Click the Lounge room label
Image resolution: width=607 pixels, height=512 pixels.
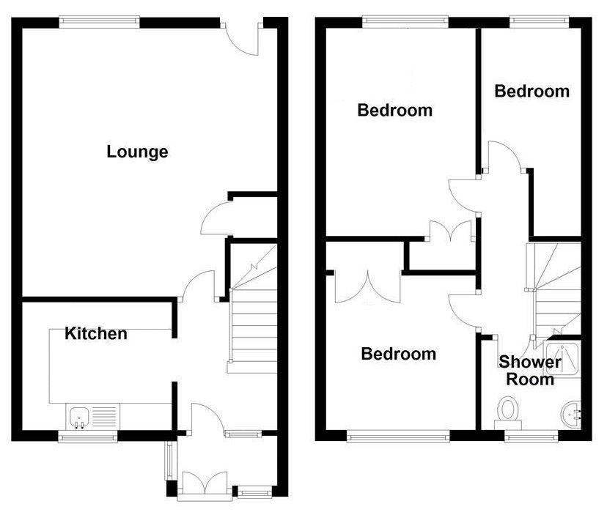[x=137, y=152]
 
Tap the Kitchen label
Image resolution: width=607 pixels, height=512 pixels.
[x=95, y=333]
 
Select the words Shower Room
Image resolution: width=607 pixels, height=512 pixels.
[x=530, y=371]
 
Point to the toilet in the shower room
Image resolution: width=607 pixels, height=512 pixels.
[x=508, y=413]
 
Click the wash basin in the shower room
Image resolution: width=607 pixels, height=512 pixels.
[x=571, y=415]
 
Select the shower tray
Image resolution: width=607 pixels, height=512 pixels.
[x=562, y=357]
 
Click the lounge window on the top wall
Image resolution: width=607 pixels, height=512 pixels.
[x=100, y=22]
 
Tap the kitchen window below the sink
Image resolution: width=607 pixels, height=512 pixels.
[x=88, y=437]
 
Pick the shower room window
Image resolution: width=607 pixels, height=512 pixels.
[x=531, y=437]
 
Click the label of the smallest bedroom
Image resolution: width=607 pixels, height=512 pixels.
[x=532, y=92]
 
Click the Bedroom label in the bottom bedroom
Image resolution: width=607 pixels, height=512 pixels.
[x=398, y=354]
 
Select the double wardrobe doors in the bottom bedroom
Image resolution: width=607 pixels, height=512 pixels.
[x=367, y=286]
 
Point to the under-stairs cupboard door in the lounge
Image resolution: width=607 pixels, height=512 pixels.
[x=215, y=218]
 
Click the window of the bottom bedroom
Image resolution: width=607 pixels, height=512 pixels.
[x=398, y=437]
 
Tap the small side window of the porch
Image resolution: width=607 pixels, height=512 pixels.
[x=169, y=460]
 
